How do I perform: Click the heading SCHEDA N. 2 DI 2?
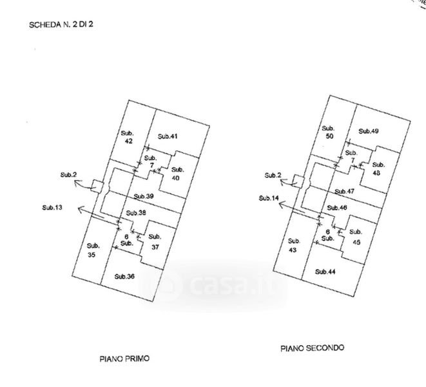click(x=61, y=25)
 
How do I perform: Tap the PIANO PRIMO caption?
click(x=124, y=359)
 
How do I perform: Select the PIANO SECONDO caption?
click(x=312, y=348)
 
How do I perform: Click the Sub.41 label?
click(x=168, y=136)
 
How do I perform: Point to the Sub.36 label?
click(x=124, y=276)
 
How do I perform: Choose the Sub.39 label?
click(x=144, y=196)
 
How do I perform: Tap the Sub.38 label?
click(x=136, y=213)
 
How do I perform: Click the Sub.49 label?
click(x=369, y=131)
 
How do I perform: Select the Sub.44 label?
click(x=325, y=272)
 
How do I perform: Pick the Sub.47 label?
click(x=344, y=192)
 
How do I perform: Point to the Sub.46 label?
click(x=337, y=208)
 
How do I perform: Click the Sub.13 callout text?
click(x=52, y=208)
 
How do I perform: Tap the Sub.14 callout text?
click(x=269, y=198)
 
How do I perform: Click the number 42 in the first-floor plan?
click(x=128, y=141)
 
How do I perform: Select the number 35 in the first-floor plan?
click(x=92, y=255)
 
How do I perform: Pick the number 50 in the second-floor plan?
click(x=329, y=136)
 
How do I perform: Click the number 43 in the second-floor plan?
click(x=293, y=250)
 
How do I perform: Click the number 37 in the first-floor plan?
click(x=155, y=247)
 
